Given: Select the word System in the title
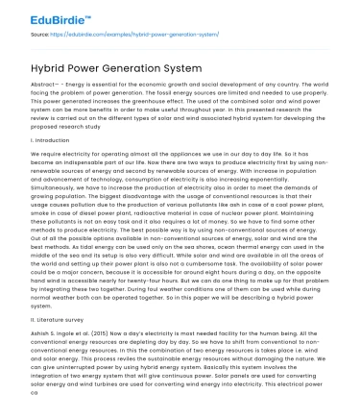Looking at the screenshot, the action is tap(179, 69).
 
